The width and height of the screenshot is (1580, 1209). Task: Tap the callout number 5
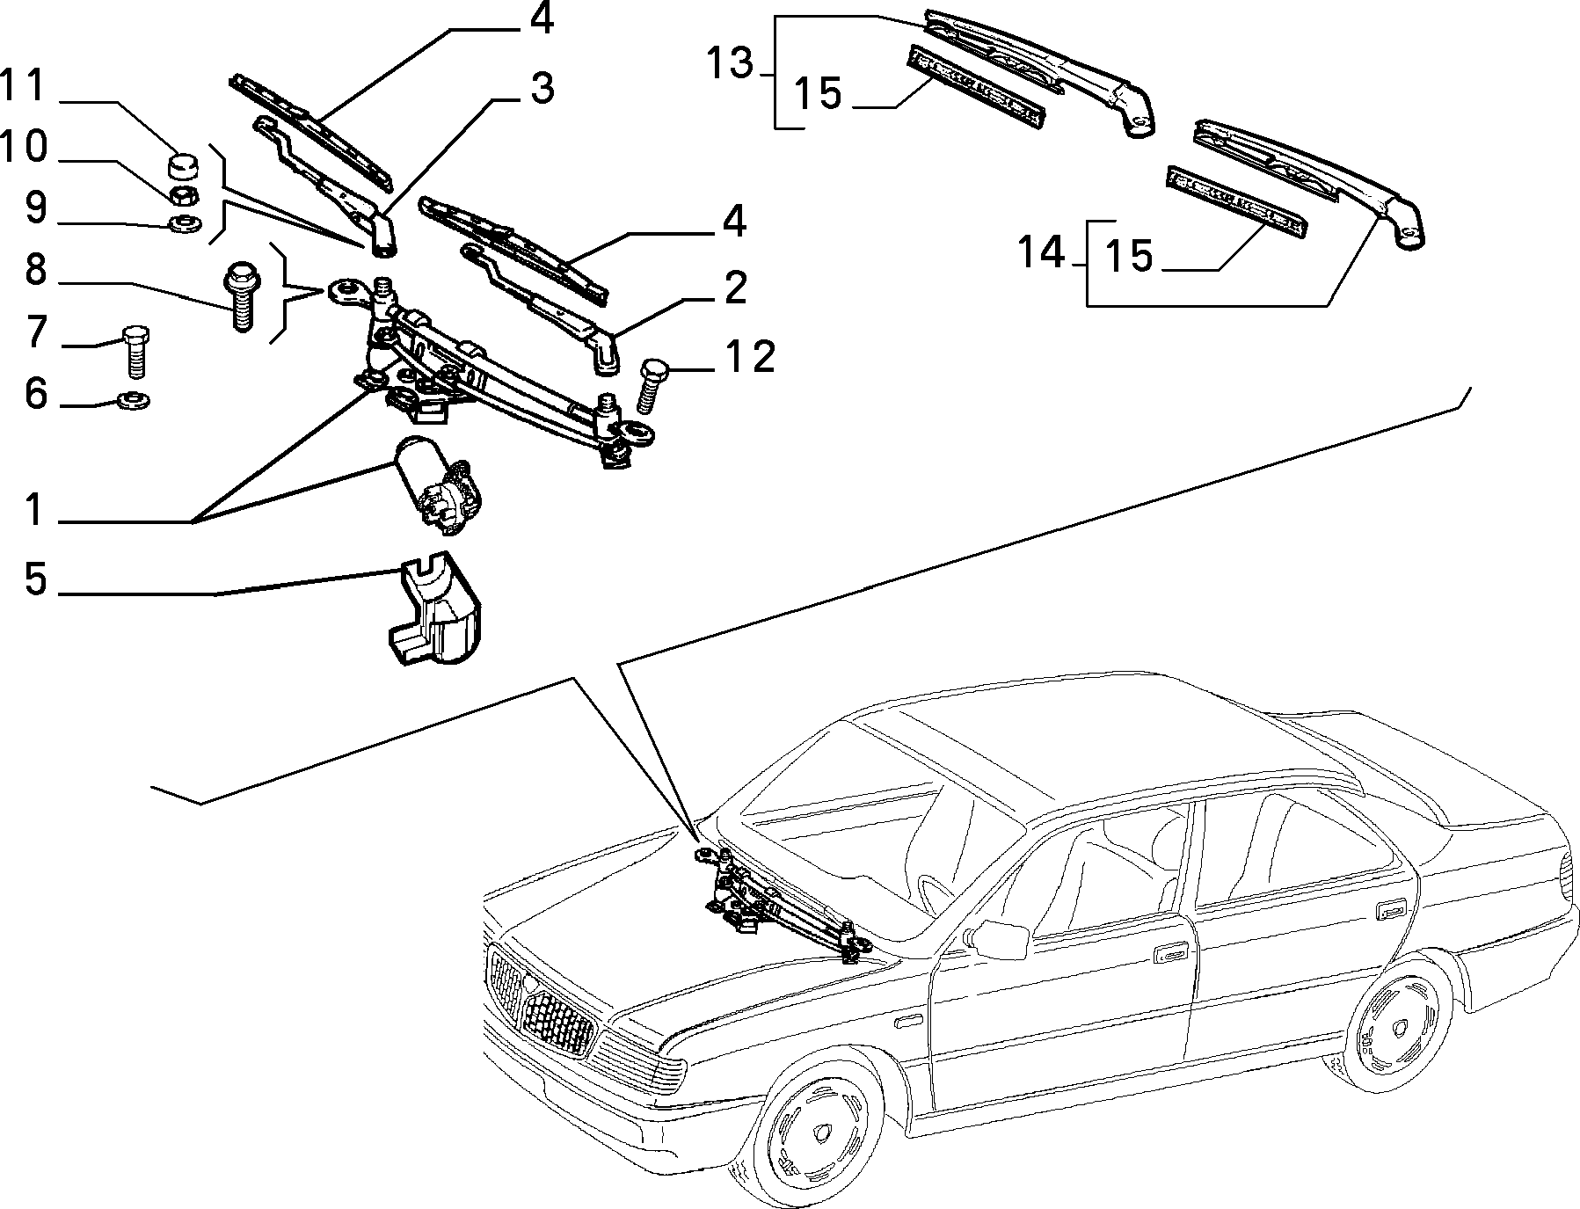point(34,579)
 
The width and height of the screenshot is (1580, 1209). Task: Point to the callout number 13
point(731,63)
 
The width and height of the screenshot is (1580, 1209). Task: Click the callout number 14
point(1041,253)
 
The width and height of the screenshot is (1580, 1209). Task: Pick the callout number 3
point(542,89)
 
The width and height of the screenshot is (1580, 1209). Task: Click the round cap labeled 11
point(182,165)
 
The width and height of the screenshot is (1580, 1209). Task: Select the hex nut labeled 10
point(180,193)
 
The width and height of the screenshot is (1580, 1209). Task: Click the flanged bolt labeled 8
point(238,295)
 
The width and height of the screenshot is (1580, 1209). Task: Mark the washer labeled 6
point(134,400)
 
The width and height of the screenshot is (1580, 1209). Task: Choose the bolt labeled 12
point(652,384)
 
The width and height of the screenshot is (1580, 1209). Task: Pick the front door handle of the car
point(1169,952)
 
